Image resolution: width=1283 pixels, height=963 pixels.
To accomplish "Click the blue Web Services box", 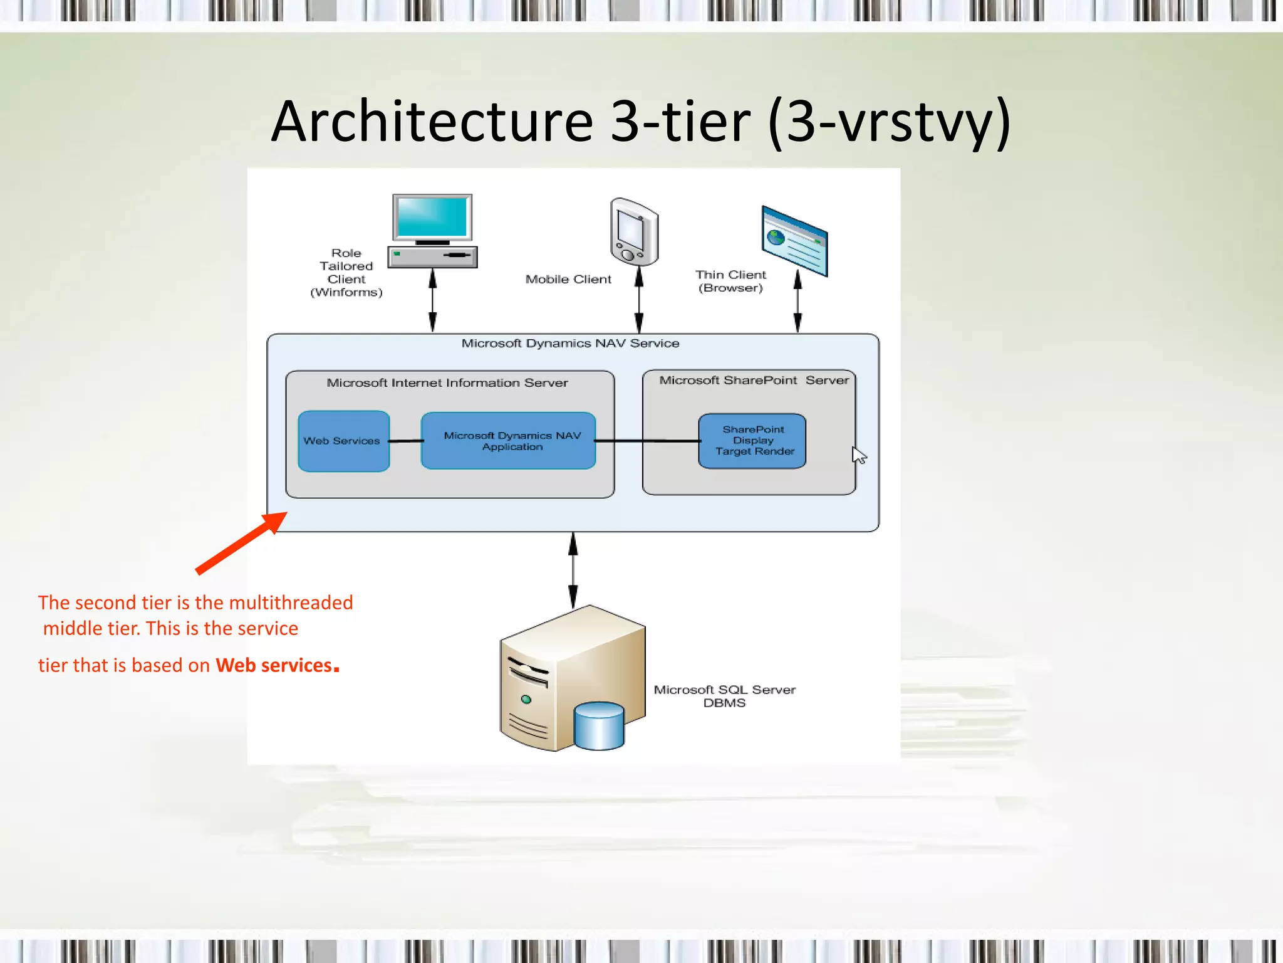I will click(x=343, y=441).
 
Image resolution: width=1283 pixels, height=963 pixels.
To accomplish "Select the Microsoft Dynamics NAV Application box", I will click(x=508, y=441).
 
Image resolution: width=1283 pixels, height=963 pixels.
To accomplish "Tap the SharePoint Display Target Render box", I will click(x=752, y=441).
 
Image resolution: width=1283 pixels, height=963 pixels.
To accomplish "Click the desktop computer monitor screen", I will click(x=432, y=217).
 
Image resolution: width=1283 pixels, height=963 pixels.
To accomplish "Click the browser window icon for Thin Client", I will click(x=794, y=241).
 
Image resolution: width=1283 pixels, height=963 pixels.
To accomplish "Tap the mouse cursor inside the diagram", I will click(x=859, y=455).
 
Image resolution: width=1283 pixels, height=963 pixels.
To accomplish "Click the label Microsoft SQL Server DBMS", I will click(x=724, y=696).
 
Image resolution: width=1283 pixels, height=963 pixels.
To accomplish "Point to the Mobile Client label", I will click(x=568, y=280).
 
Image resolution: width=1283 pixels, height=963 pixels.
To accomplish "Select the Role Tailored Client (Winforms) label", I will click(x=346, y=273).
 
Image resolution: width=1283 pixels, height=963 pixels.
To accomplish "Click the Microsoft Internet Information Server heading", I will click(x=447, y=383).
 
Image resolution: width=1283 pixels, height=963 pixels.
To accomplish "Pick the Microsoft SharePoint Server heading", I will click(x=754, y=381).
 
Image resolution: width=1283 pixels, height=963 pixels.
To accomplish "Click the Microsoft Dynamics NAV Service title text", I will click(x=570, y=344).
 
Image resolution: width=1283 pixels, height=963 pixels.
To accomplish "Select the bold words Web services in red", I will click(x=274, y=665).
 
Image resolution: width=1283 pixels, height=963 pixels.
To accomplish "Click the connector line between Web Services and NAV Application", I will click(x=405, y=441).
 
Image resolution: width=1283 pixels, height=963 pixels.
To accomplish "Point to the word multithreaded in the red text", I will click(x=291, y=603).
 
